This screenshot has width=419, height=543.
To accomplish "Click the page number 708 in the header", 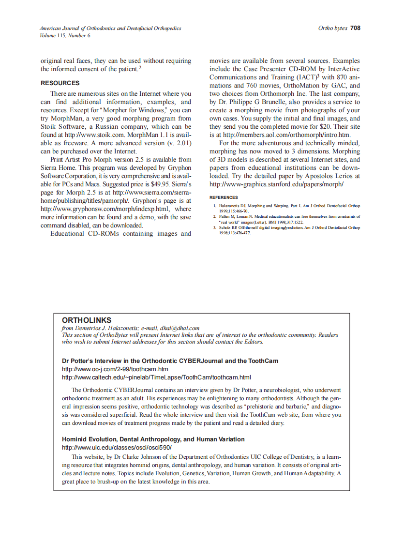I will (355, 28).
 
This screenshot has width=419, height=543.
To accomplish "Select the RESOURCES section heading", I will (60, 83).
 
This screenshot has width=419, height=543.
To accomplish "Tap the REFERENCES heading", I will (224, 197).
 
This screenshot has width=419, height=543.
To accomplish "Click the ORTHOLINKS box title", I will (87, 320).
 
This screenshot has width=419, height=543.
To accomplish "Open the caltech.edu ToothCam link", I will (156, 377).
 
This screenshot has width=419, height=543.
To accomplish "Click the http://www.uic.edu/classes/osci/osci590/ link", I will (117, 448).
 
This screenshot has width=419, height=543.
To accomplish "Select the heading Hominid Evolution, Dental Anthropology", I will (153, 439).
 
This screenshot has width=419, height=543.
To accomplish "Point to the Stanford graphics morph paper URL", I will (276, 184).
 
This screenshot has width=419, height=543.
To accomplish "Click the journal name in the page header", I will (110, 29).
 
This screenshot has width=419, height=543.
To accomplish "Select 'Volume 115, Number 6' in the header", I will (65, 35).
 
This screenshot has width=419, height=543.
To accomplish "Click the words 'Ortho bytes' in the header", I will (332, 28).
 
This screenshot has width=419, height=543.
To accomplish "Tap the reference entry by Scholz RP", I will (286, 230).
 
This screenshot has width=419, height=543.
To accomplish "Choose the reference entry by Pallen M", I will (286, 219).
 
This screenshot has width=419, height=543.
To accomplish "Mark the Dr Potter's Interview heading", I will (170, 361).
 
